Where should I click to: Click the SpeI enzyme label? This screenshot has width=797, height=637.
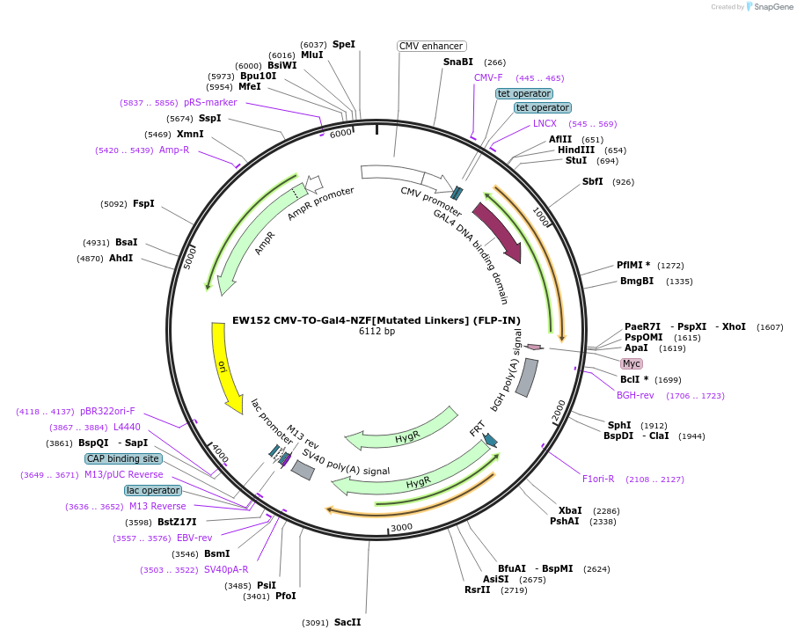[343, 44]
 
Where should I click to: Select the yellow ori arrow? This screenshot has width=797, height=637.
[224, 365]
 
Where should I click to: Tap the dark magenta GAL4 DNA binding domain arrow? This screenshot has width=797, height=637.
[498, 232]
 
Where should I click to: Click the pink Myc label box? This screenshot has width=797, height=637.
[632, 363]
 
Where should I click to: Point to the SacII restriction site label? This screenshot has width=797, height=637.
[347, 622]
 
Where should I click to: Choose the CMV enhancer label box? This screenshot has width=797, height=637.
[431, 46]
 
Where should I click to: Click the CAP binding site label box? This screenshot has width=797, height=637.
[123, 458]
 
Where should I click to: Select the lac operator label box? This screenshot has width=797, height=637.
[153, 490]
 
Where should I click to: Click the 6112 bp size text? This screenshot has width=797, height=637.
[377, 332]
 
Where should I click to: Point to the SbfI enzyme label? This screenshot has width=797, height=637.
[593, 181]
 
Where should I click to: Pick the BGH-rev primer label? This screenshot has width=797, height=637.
[635, 395]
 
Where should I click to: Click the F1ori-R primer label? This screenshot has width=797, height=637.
[598, 479]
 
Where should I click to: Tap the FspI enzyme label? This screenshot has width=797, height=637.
[143, 203]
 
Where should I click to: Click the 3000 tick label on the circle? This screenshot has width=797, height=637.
[401, 526]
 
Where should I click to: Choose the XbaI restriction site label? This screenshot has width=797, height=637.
[570, 510]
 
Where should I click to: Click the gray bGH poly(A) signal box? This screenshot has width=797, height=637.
[527, 377]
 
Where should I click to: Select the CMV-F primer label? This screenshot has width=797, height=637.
[488, 77]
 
